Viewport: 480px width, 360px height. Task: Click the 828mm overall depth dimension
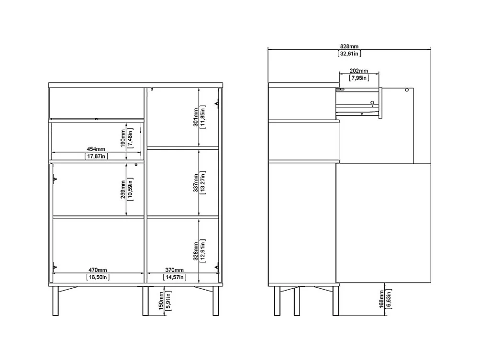pos(349,46)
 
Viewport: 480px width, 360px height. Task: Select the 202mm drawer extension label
pos(359,71)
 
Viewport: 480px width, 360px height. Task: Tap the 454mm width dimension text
pos(96,149)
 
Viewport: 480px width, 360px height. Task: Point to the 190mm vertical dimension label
pos(123,138)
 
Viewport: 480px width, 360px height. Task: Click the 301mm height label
pos(196,118)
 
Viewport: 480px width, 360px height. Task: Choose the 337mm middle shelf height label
pos(196,183)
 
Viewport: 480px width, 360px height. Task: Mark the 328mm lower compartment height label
pos(196,251)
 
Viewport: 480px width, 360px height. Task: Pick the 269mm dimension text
pos(123,190)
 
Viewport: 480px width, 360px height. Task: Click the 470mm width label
pos(98,270)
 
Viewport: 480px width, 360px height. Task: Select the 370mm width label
pos(174,270)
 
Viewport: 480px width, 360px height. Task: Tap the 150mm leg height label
pos(161,301)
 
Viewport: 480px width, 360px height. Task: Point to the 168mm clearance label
pos(382,299)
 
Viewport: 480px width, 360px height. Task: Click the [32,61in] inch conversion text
pos(349,54)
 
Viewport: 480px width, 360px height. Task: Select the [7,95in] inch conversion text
pos(359,78)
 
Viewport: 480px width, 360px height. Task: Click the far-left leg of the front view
pos(56,301)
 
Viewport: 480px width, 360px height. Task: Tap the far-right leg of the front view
pos(216,301)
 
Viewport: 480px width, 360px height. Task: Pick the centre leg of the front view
pos(145,301)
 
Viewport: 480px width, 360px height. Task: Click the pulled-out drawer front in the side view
pos(380,103)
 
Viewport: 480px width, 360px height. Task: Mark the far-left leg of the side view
pos(277,301)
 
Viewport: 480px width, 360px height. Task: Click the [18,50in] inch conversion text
pos(98,277)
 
